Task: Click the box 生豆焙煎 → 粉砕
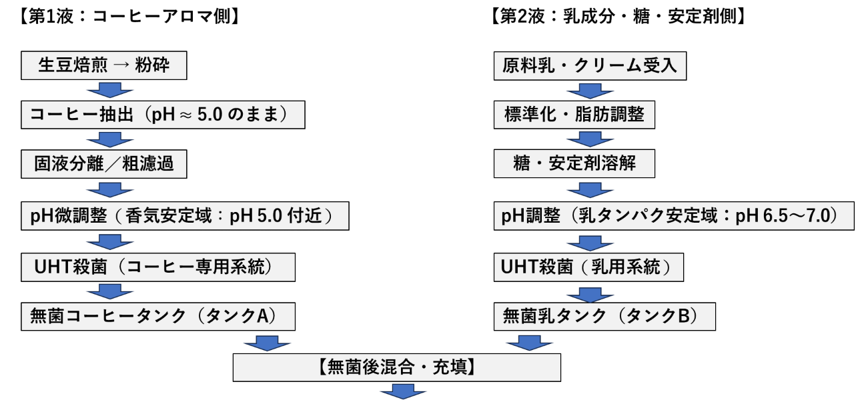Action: pyautogui.click(x=103, y=66)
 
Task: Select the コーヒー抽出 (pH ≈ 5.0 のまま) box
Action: pyautogui.click(x=163, y=115)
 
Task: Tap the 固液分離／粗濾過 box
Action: pyautogui.click(x=103, y=164)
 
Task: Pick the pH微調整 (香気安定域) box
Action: pyautogui.click(x=185, y=217)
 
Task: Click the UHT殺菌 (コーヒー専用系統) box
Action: pyautogui.click(x=159, y=267)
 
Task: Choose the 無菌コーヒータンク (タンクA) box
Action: pyautogui.click(x=157, y=316)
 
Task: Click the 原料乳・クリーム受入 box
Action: pyautogui.click(x=590, y=66)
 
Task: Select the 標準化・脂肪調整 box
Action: pyautogui.click(x=574, y=115)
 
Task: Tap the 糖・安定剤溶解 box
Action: pyautogui.click(x=574, y=164)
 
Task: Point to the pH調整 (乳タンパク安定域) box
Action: pyautogui.click(x=674, y=217)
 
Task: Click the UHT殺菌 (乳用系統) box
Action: pyautogui.click(x=592, y=267)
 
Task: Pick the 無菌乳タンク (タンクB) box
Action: pyautogui.click(x=604, y=316)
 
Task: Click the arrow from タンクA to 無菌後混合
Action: pyautogui.click(x=267, y=342)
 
